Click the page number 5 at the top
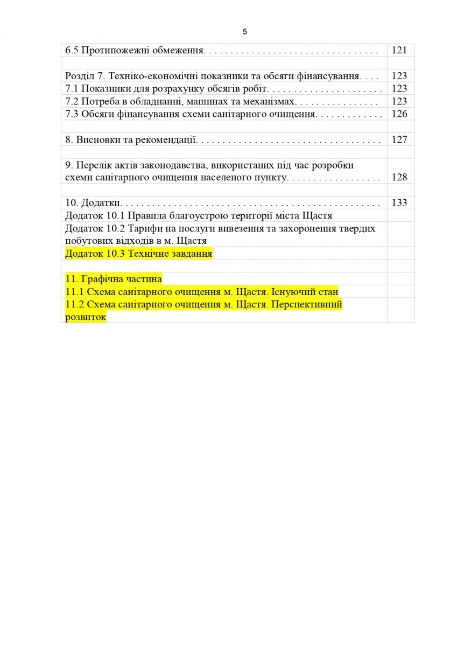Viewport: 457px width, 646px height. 245,32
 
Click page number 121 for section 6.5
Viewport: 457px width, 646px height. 400,50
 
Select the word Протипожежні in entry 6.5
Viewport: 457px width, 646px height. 108,50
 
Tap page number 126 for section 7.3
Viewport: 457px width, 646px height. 400,114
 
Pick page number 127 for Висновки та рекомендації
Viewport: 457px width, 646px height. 400,139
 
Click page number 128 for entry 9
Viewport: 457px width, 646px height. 400,177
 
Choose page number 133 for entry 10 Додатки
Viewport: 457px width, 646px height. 400,203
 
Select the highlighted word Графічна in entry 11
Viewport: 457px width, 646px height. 100,279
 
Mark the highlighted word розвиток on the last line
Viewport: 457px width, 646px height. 86,317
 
